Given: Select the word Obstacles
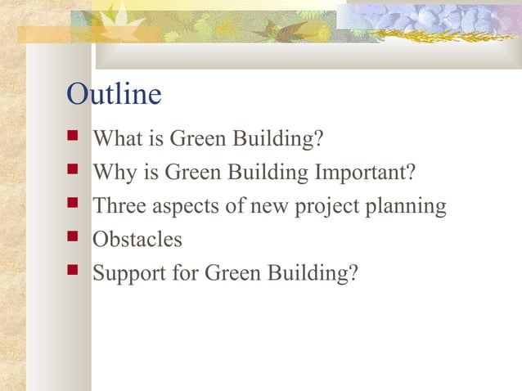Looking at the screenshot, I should (137, 240).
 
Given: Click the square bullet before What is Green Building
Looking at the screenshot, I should (72, 139).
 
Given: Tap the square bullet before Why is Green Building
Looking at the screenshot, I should (72, 173).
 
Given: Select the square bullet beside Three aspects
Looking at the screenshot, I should (72, 206).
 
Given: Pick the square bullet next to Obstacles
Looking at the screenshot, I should (72, 240).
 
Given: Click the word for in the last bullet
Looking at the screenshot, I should (185, 273).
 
